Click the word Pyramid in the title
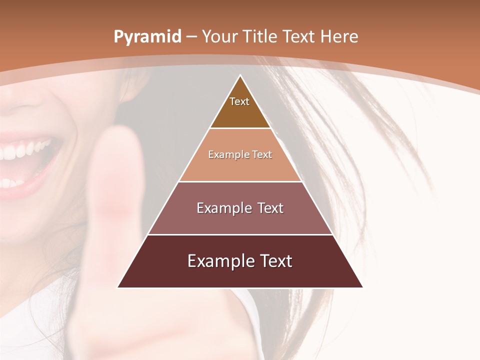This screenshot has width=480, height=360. click(x=147, y=37)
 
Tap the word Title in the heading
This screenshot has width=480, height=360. click(x=261, y=36)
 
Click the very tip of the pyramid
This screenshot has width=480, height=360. click(x=240, y=76)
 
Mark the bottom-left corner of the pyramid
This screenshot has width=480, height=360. click(x=118, y=287)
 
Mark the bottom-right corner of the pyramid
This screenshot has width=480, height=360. click(x=362, y=287)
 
